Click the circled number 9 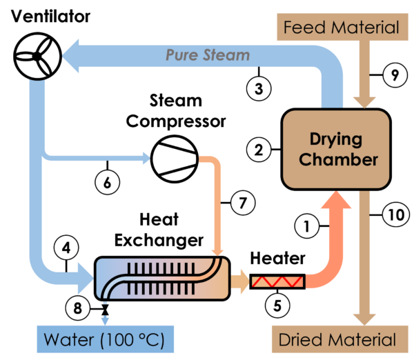click(x=393, y=74)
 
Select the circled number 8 click(x=77, y=308)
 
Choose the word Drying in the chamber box click(x=335, y=139)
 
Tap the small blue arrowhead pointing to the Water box click(x=104, y=319)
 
